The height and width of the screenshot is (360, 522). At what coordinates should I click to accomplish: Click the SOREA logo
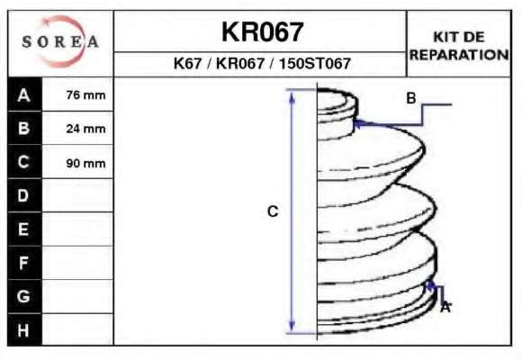[x=60, y=41]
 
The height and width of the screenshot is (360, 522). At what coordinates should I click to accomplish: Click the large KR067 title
[x=262, y=32]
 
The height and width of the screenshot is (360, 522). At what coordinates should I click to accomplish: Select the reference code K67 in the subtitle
[x=188, y=63]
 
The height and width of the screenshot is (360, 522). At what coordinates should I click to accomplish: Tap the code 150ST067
[x=315, y=63]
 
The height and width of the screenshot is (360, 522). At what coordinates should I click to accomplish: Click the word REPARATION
[x=459, y=55]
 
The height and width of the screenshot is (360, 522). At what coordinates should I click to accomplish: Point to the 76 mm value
[x=85, y=94]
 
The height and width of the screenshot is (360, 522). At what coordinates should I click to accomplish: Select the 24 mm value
[x=85, y=129]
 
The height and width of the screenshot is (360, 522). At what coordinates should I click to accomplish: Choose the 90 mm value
[x=85, y=163]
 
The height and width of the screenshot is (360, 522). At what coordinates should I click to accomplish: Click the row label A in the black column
[x=23, y=95]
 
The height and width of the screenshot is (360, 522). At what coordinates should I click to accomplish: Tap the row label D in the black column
[x=23, y=195]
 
